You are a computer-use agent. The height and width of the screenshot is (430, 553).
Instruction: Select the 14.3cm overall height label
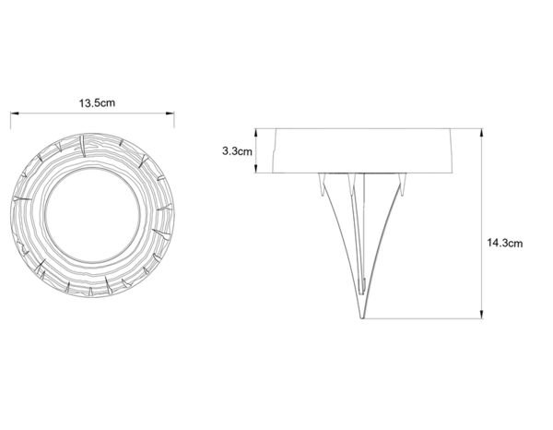click(505, 244)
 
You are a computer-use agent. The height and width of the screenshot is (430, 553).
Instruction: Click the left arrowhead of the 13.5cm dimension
click(13, 114)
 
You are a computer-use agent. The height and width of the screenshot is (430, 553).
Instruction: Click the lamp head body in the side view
click(362, 150)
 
